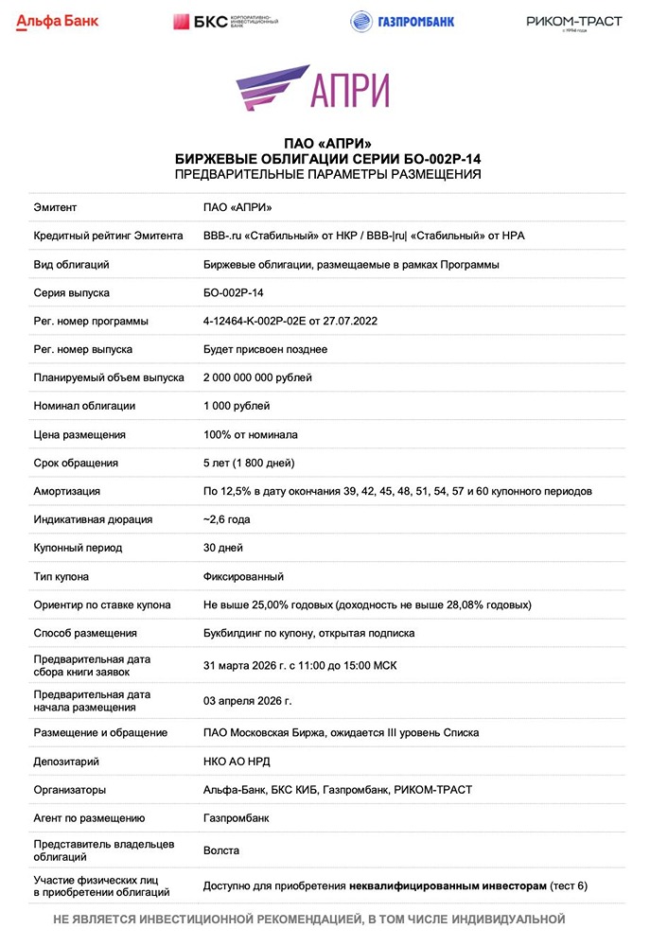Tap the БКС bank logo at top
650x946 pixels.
225,22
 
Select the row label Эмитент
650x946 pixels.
55,207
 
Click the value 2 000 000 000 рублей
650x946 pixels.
257,377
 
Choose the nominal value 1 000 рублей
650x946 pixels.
237,406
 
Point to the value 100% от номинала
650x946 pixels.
251,434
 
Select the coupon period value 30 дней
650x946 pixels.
223,548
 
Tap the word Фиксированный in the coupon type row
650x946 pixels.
243,576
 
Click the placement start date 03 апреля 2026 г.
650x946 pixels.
248,700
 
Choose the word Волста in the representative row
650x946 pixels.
221,850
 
